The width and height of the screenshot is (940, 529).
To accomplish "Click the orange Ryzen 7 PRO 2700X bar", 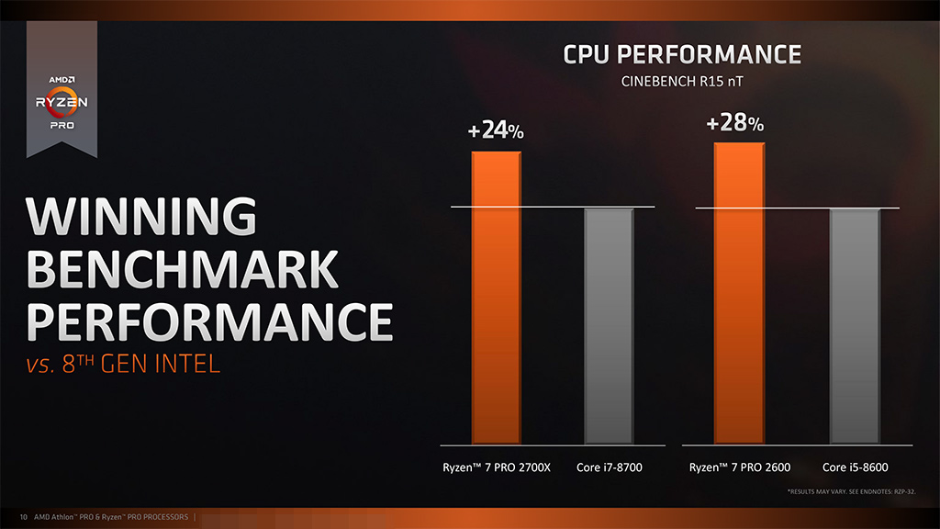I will pyautogui.click(x=497, y=297).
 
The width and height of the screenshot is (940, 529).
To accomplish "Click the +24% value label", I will pyautogui.click(x=496, y=131).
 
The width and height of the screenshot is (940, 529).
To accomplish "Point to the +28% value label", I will pyautogui.click(x=735, y=123).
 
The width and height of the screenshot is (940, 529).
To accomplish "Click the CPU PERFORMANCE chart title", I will pyautogui.click(x=682, y=55).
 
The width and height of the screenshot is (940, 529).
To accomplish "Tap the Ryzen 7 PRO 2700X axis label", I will pyautogui.click(x=497, y=467).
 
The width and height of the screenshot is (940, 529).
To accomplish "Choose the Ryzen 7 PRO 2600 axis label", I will pyautogui.click(x=740, y=467).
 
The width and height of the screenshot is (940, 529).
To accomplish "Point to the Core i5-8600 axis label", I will pyautogui.click(x=856, y=467).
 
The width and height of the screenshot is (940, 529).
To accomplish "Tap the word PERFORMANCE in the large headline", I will pyautogui.click(x=209, y=321).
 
